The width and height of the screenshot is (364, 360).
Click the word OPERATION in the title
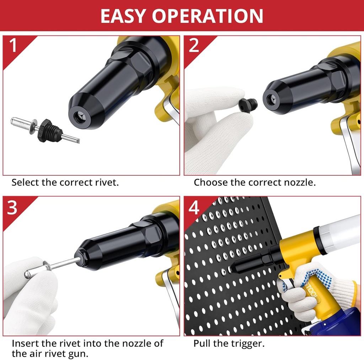coord(208,16)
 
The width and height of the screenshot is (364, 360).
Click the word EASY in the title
coord(123,16)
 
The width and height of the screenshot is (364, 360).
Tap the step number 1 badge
coord(13,46)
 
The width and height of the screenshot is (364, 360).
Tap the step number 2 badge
coord(194,46)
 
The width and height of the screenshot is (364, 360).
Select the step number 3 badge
coord(13,208)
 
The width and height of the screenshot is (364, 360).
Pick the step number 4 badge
coord(194,208)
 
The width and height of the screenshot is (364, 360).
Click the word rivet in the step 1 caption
coord(106,182)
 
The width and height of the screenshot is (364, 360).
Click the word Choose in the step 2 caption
coord(211,182)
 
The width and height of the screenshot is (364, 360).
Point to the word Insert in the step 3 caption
coord(25,343)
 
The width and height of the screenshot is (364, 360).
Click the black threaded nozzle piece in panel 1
coord(47,130)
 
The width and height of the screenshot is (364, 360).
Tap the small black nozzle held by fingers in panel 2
coord(248,105)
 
